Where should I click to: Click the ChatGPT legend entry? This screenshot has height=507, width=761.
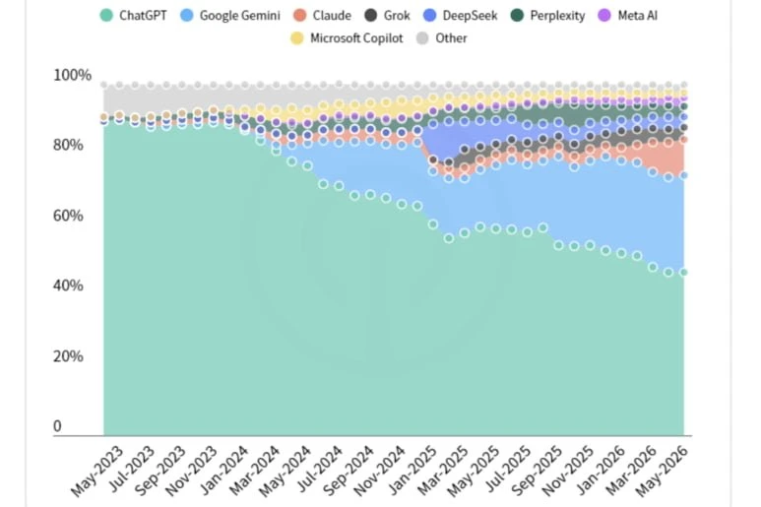[134, 16]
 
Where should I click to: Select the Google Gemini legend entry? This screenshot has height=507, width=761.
[230, 16]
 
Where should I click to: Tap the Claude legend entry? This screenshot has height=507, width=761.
[322, 16]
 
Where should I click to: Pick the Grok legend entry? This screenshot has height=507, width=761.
[387, 16]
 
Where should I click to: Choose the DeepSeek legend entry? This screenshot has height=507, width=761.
[460, 16]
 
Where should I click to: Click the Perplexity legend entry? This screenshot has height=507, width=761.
[548, 16]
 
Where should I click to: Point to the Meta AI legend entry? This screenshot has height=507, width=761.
[627, 16]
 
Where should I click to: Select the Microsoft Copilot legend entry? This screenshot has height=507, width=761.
[347, 37]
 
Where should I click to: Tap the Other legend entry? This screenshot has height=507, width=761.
[442, 37]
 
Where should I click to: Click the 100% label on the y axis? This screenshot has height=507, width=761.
[72, 75]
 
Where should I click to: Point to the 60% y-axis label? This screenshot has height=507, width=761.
[68, 216]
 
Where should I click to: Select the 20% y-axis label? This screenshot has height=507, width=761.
[68, 356]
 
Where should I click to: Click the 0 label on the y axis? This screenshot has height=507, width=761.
[57, 426]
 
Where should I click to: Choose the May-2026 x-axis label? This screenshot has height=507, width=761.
[662, 472]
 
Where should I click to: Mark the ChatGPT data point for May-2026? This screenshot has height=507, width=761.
[684, 272]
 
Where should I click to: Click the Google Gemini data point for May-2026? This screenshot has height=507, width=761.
[684, 175]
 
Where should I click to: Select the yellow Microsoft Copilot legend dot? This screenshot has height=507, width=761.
[297, 37]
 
